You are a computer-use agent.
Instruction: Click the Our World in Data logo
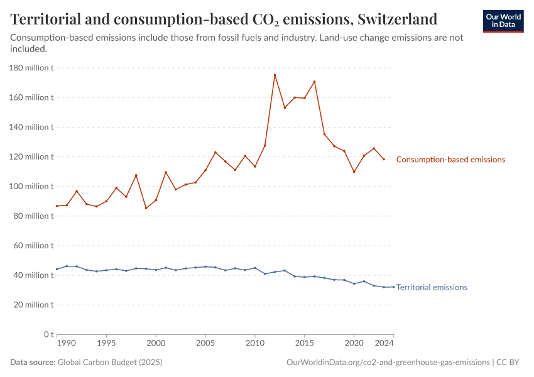click(503, 21)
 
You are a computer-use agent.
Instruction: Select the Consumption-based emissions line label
click(450, 160)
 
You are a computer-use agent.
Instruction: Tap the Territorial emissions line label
click(432, 287)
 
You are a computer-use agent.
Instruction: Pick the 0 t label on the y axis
click(46, 334)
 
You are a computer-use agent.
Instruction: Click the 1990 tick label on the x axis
click(67, 344)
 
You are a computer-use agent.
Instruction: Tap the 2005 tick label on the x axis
click(205, 344)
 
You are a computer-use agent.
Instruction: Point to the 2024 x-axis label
click(384, 344)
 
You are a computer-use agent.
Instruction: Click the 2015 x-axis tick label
click(305, 344)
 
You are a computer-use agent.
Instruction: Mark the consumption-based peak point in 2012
click(275, 75)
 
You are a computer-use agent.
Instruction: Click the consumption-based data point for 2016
click(314, 82)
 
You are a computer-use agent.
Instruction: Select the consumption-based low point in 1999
click(146, 208)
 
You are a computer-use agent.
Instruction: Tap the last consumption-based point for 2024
click(384, 159)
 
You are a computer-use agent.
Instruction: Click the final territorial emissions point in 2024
click(393, 287)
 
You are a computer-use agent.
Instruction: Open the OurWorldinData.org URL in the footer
click(388, 363)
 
